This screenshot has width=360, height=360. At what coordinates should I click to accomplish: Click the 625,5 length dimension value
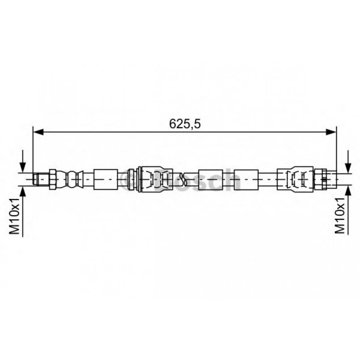point(185,124)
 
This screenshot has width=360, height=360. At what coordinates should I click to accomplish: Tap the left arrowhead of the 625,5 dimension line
point(38,132)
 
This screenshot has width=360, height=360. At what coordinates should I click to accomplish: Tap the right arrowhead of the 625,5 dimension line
point(331,132)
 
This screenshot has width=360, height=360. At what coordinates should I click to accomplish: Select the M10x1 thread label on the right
point(340,216)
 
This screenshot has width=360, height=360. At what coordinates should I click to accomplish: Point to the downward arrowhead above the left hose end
point(22,167)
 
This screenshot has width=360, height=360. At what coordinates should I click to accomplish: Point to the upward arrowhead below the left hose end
point(22,191)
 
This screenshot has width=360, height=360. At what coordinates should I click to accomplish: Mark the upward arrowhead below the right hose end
point(348,191)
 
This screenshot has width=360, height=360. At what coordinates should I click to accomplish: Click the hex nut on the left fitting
point(53,179)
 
